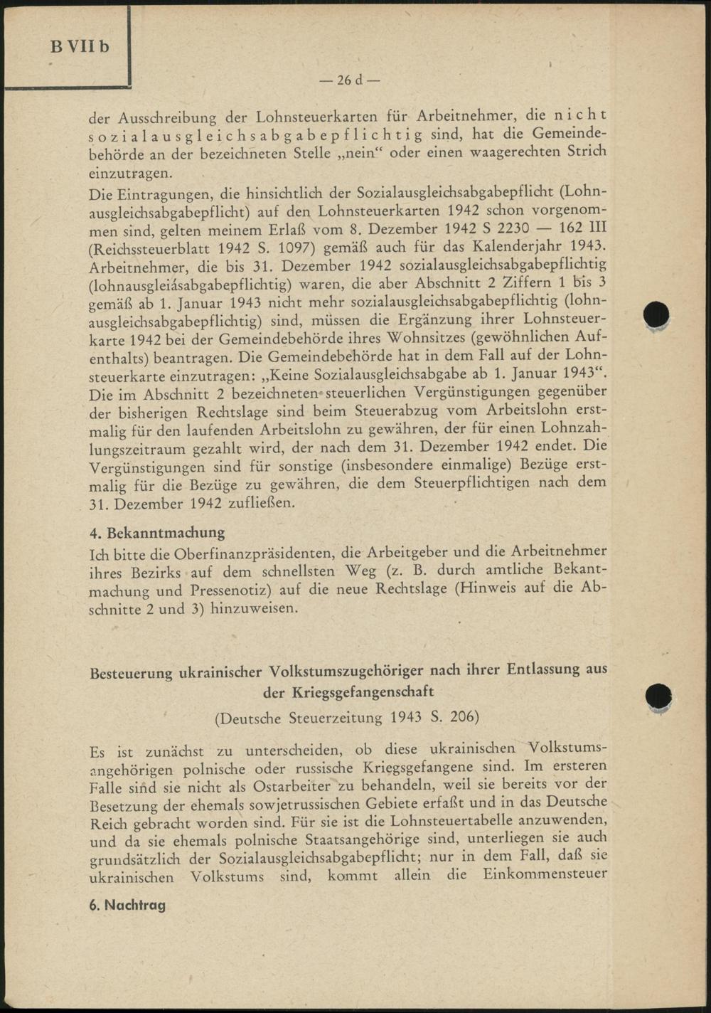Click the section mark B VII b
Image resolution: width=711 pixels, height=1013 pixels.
tap(80, 47)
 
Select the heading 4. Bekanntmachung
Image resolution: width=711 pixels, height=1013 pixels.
tap(157, 532)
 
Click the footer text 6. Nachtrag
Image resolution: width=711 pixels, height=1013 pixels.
tap(127, 905)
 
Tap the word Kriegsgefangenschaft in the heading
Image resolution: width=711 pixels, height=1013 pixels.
tap(362, 691)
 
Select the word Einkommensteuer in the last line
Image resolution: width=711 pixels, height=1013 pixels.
tap(545, 874)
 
